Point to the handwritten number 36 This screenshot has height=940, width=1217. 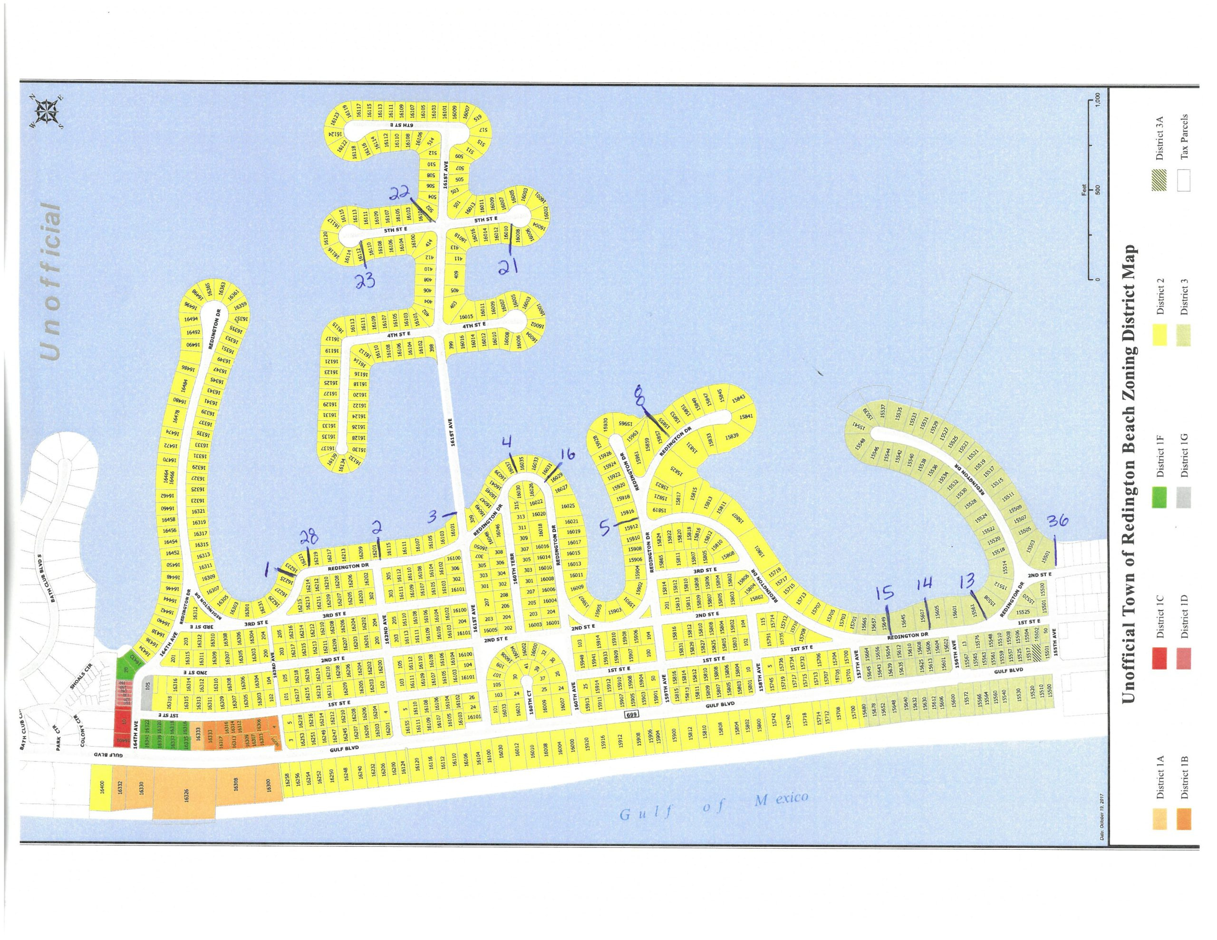1057,521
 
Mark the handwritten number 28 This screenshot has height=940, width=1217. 310,537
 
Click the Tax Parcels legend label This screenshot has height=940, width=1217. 1185,136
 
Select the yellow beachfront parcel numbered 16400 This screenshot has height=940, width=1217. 101,787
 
